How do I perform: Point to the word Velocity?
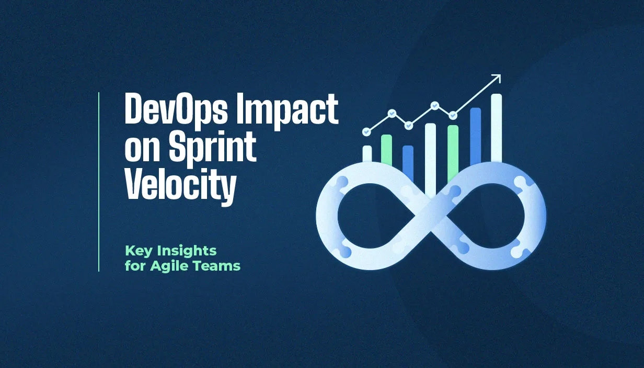coord(180,186)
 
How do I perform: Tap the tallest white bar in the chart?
coord(496,128)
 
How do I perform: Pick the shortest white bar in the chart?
coord(367,154)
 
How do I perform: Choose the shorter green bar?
coord(386,150)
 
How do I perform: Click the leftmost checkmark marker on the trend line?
coord(366,132)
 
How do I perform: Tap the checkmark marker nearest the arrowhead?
coord(453,115)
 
